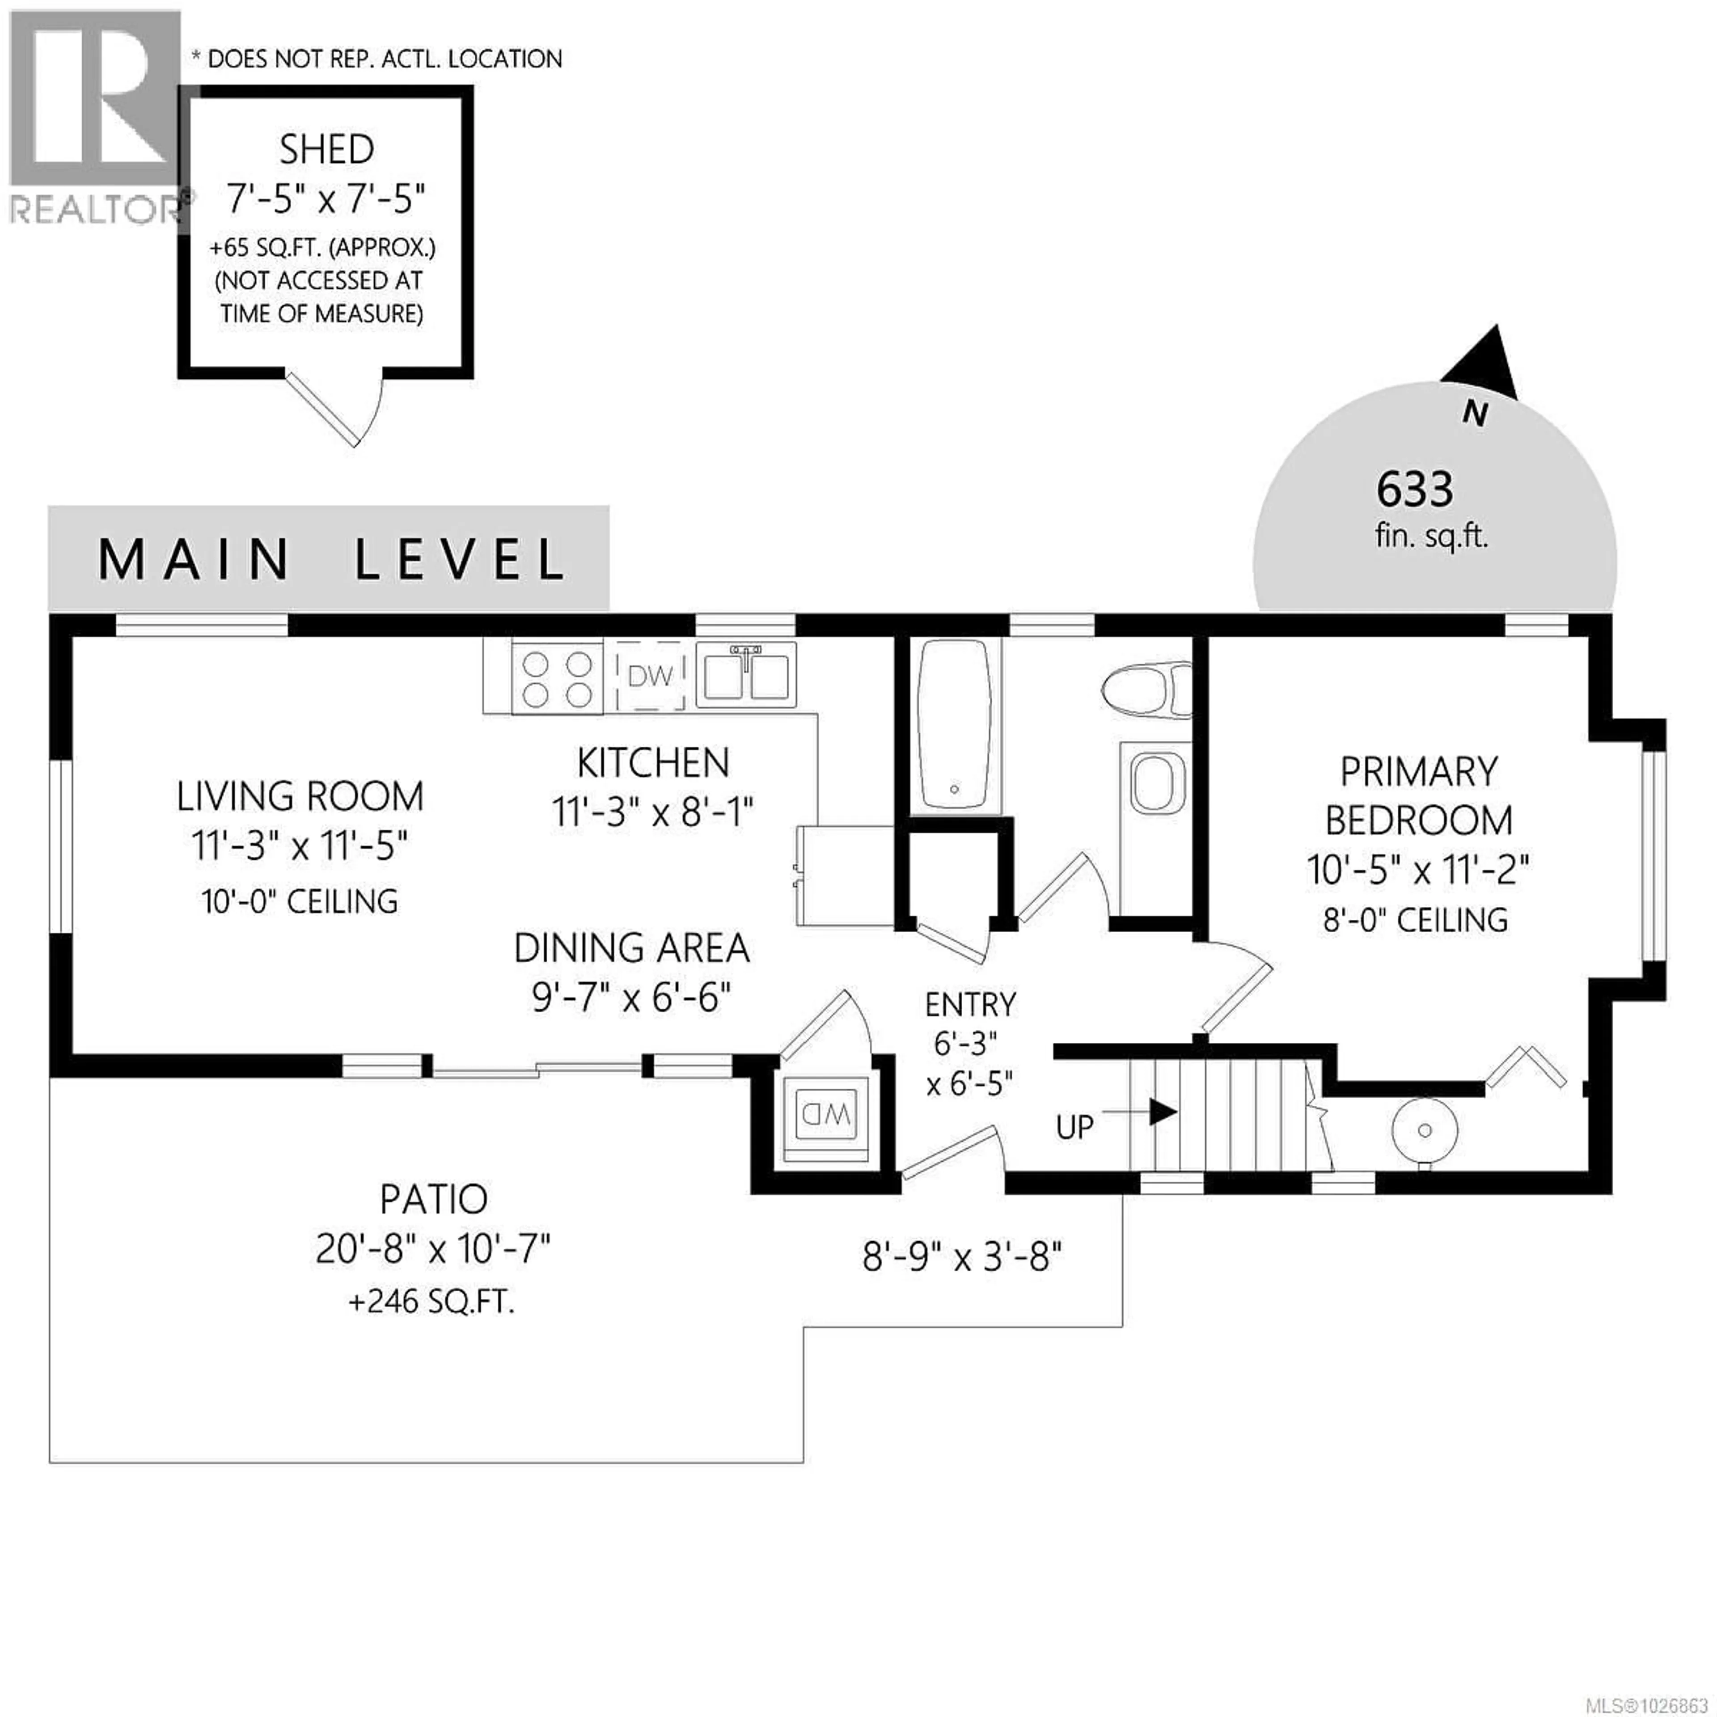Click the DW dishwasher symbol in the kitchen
click(x=651, y=677)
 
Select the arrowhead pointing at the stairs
click(x=1163, y=1111)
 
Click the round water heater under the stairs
click(x=1425, y=1130)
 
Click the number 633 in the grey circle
click(x=1415, y=489)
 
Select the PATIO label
click(x=434, y=1200)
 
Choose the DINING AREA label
click(x=631, y=948)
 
